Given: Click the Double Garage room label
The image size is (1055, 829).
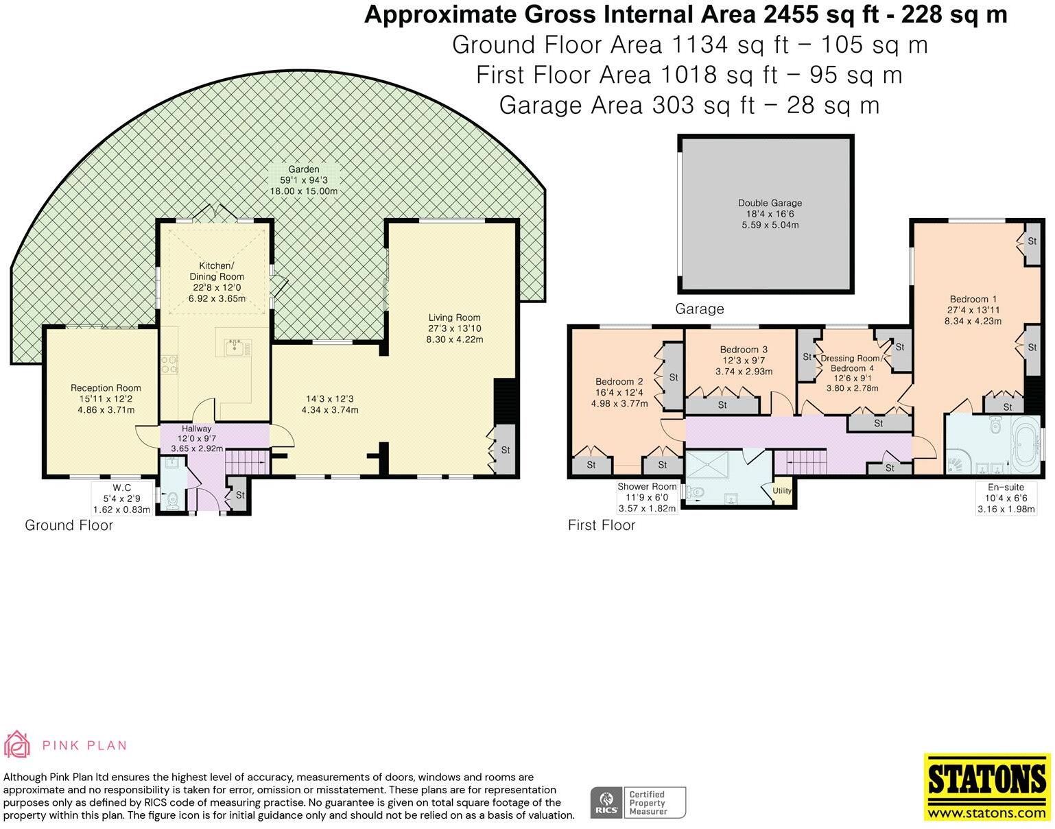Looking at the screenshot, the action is (770, 203).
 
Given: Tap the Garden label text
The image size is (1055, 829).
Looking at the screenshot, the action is (303, 169).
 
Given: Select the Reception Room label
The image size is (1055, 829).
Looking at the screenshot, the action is (106, 388).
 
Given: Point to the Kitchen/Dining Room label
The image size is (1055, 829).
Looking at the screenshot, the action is (217, 271).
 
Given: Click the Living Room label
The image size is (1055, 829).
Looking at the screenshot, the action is (455, 317).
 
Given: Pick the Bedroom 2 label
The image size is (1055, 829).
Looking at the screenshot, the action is (619, 381).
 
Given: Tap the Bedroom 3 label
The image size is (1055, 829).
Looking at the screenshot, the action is (744, 350).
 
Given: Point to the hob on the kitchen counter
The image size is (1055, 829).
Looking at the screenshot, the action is (169, 365).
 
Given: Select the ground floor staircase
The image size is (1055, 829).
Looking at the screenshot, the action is (247, 462).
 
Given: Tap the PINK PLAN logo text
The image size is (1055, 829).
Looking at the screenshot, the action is (84, 745).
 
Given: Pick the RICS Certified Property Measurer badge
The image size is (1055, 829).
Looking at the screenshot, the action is (638, 802).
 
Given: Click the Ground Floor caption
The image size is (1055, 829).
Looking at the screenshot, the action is (69, 525).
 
